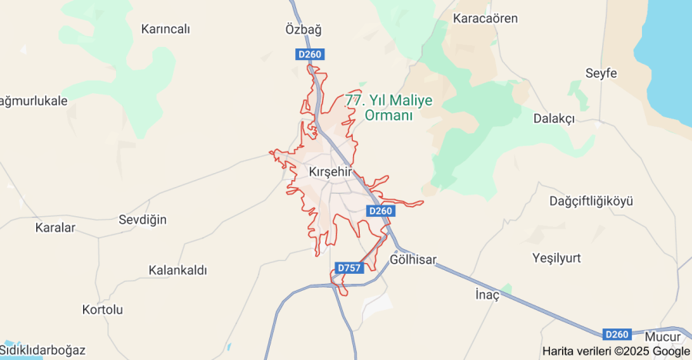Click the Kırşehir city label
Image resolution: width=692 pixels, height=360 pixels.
[329, 171]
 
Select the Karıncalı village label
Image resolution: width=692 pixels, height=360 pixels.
[165, 29]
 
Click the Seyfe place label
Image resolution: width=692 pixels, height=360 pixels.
[601, 73]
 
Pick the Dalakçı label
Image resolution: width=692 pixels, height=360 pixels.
[554, 118]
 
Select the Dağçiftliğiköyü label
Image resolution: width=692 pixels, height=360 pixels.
[591, 201]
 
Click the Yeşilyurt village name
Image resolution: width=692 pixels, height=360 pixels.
[556, 257]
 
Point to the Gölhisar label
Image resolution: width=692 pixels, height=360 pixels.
[413, 260]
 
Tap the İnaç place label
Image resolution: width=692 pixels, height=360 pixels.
[487, 295]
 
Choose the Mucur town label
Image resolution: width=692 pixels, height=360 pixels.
[663, 337]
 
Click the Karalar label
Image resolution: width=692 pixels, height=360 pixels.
[55, 228]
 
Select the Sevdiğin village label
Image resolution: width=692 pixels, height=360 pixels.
[142, 220]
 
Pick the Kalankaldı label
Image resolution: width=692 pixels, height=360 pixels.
[178, 271]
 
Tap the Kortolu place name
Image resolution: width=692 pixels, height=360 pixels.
[102, 310]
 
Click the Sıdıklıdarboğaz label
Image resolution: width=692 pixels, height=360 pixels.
[42, 350]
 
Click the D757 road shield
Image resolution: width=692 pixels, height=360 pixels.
[349, 268]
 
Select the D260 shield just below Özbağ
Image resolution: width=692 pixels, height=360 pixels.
[310, 54]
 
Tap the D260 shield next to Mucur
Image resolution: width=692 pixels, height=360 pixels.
[617, 335]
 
